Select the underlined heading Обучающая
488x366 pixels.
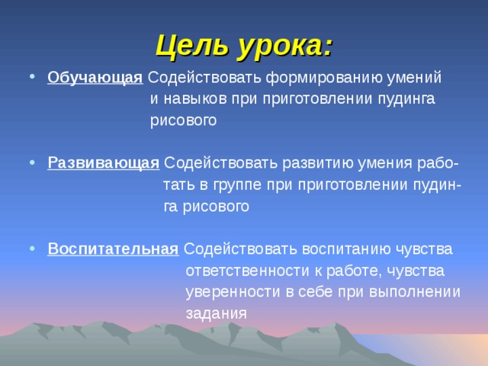[95, 78]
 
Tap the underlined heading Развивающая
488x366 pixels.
[103, 163]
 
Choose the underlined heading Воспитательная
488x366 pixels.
[113, 249]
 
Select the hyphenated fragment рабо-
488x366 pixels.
[438, 163]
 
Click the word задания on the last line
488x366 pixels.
[216, 313]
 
